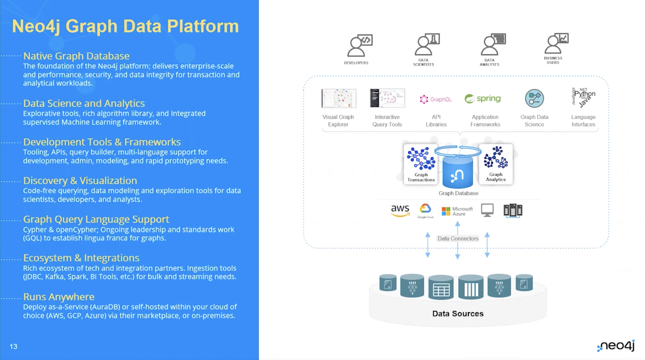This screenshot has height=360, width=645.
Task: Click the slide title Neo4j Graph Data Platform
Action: tap(125, 26)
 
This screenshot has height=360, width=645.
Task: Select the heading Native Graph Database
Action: tap(76, 56)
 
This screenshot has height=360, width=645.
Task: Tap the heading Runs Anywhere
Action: tap(59, 297)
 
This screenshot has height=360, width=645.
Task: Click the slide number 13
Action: tap(13, 346)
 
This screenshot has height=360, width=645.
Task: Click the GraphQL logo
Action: tap(436, 99)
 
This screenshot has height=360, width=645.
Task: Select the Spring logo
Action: tap(483, 99)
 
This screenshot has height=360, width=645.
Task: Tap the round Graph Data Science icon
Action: tap(534, 98)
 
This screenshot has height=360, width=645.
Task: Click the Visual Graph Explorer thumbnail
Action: tap(338, 98)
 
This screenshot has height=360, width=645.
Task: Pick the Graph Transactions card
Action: tap(421, 164)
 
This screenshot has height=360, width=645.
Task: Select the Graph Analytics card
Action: tap(495, 164)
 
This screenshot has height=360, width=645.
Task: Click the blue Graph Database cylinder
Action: tap(458, 171)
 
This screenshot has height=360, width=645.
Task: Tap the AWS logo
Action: tap(400, 210)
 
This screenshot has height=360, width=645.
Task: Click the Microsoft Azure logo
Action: tap(457, 211)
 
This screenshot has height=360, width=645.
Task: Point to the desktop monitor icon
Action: tap(487, 210)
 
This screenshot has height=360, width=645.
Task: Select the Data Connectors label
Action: tap(458, 238)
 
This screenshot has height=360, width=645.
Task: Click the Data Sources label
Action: tap(458, 314)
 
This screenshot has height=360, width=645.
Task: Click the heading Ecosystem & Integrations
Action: tap(81, 258)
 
